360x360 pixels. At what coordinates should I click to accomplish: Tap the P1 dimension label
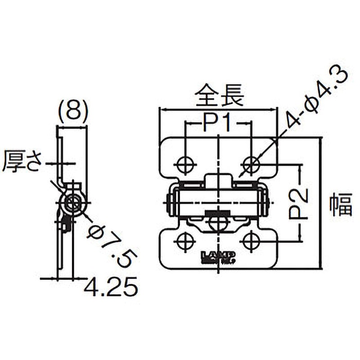pyautogui.click(x=217, y=122)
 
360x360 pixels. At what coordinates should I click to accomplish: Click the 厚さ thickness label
pyautogui.click(x=22, y=162)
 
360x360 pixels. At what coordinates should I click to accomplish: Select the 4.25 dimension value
pyautogui.click(x=110, y=287)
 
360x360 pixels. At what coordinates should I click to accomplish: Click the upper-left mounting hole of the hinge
pyautogui.click(x=184, y=164)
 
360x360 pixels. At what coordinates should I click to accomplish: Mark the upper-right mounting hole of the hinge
pyautogui.click(x=252, y=163)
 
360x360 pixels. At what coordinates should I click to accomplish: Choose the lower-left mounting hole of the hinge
pyautogui.click(x=184, y=242)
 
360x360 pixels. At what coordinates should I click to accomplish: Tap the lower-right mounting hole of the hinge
pyautogui.click(x=251, y=242)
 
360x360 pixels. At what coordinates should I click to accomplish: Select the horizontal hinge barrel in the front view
pyautogui.click(x=218, y=201)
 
